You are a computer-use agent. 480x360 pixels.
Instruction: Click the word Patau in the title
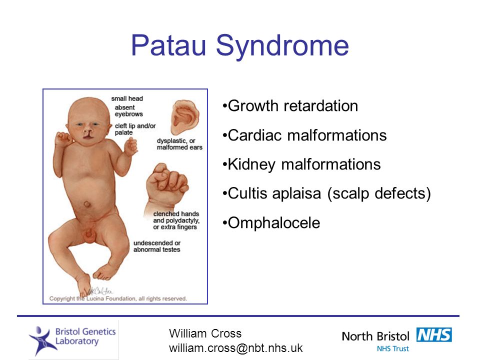tap(168, 45)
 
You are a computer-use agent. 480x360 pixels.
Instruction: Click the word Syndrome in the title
tap(282, 46)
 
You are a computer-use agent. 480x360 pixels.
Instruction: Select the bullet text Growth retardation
tap(293, 106)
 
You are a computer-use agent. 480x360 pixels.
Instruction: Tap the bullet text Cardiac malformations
tap(307, 135)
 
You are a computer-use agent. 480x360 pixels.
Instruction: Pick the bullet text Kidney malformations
tap(304, 164)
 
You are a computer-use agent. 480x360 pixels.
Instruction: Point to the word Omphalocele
tap(274, 222)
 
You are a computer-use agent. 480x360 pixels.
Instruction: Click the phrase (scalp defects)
tap(379, 193)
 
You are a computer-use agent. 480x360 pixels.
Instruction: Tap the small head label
tap(127, 98)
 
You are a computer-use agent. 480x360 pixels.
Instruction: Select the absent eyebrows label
tap(128, 111)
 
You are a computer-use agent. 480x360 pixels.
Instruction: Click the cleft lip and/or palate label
tap(135, 129)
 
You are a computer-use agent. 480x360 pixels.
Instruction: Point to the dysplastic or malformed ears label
tap(179, 144)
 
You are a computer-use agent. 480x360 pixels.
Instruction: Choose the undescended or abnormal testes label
tap(156, 246)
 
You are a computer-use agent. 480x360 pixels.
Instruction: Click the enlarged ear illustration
tap(185, 117)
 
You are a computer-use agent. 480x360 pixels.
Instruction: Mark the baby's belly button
tap(87, 204)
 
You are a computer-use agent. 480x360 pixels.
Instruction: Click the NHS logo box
tap(434, 334)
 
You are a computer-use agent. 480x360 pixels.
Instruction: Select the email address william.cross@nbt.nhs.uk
tap(235, 348)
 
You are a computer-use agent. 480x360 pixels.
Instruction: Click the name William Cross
tap(205, 333)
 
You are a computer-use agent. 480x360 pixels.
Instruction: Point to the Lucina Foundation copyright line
tap(118, 298)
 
